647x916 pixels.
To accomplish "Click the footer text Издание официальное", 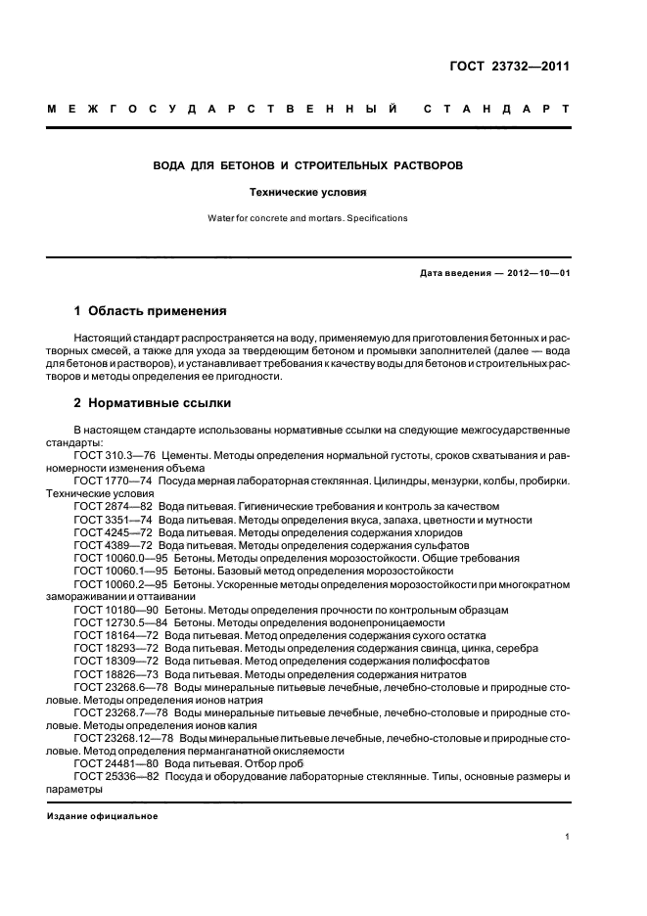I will (102, 815).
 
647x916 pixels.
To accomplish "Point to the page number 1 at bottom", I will (567, 837).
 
